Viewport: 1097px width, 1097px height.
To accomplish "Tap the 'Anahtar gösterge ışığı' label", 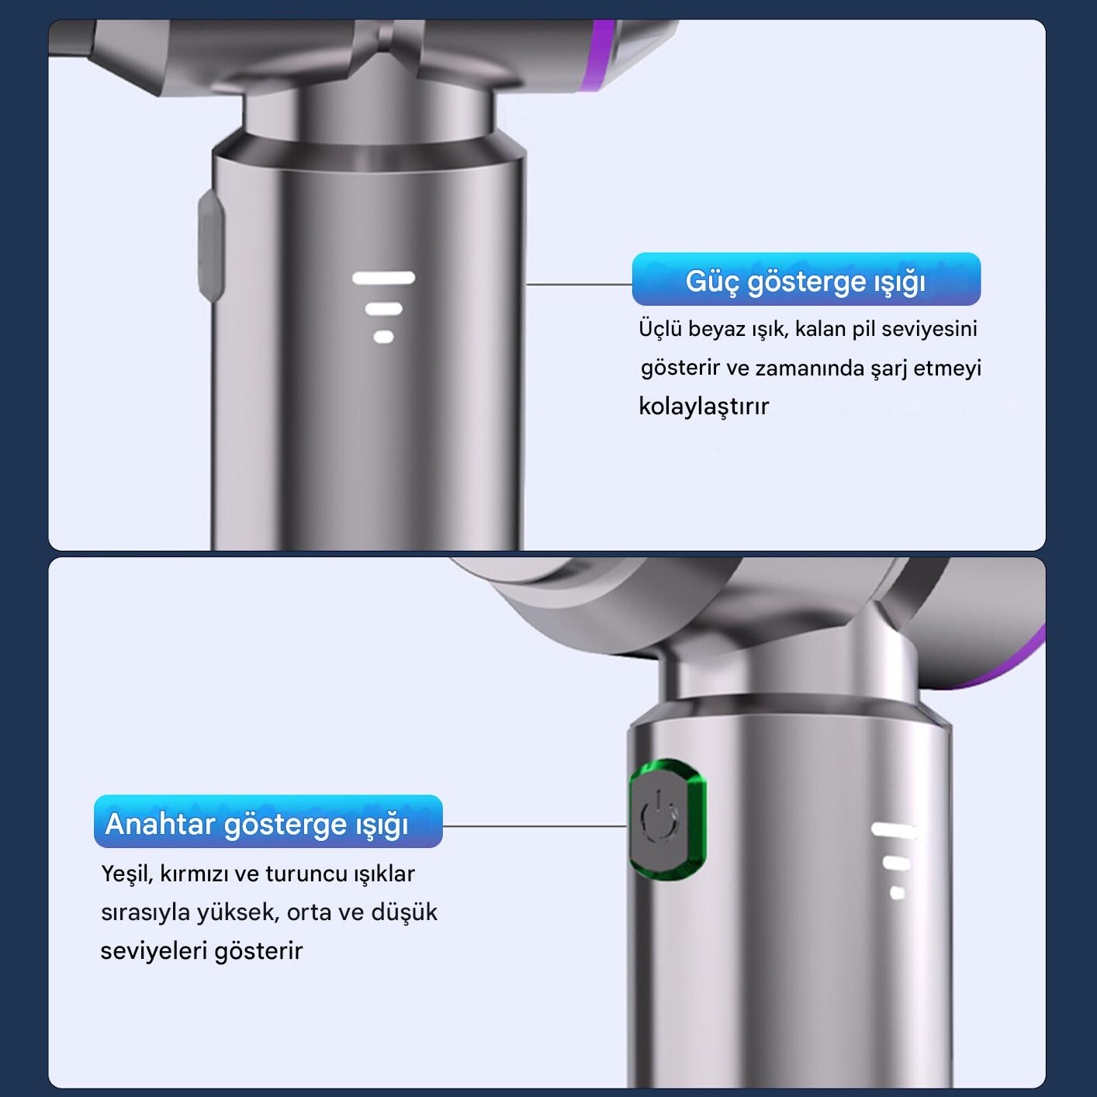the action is pyautogui.click(x=268, y=822).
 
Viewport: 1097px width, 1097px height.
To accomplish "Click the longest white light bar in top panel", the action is pyautogui.click(x=384, y=278).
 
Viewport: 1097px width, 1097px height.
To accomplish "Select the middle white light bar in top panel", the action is pyautogui.click(x=384, y=309).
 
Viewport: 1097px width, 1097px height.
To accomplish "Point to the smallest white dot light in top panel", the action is pyautogui.click(x=384, y=337).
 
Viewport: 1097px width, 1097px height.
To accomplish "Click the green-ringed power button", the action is pyautogui.click(x=667, y=819).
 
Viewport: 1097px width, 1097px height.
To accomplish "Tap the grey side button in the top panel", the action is pyautogui.click(x=210, y=245).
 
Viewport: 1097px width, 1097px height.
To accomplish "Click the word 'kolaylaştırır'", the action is pyautogui.click(x=704, y=407).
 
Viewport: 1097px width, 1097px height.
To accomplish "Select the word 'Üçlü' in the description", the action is pyautogui.click(x=659, y=329).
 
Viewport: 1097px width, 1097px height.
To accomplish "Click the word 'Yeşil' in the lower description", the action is pyautogui.click(x=127, y=874).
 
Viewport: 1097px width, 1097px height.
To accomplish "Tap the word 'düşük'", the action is pyautogui.click(x=404, y=912).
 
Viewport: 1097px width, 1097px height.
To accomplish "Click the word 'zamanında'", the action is pyautogui.click(x=810, y=369).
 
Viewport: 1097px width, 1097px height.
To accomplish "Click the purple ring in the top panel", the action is pyautogui.click(x=602, y=56).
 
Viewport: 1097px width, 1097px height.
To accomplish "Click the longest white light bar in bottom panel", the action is pyautogui.click(x=893, y=830).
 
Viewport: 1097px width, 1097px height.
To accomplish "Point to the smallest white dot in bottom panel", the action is pyautogui.click(x=897, y=893).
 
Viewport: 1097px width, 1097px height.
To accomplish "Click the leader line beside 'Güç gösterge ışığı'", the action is pyautogui.click(x=579, y=283).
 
